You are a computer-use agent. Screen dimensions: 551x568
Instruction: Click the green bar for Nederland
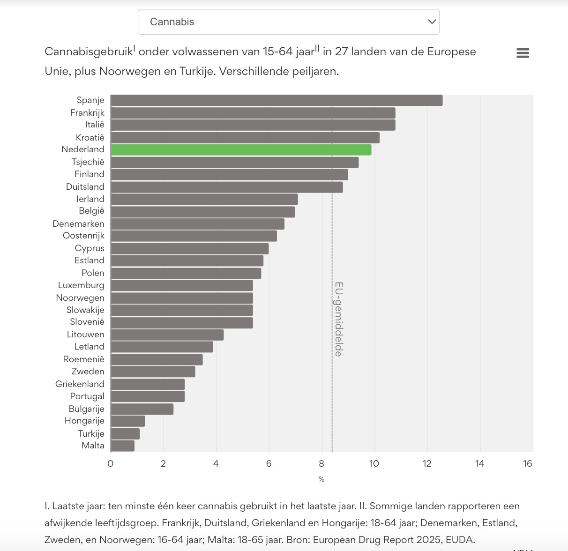point(241,150)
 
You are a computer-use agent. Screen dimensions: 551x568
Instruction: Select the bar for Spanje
point(277,100)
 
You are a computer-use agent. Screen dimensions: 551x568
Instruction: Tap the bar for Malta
point(123,446)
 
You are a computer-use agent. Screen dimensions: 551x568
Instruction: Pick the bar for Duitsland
point(227,187)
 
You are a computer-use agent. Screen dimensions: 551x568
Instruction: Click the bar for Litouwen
point(167,335)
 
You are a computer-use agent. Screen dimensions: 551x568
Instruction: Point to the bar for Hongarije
point(128,421)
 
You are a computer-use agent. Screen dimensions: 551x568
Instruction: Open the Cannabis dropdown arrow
point(432,22)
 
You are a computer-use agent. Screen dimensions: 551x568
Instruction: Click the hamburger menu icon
point(523,53)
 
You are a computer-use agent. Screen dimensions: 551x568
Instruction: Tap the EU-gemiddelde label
point(338,319)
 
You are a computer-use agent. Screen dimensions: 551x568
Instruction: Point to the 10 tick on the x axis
point(374,464)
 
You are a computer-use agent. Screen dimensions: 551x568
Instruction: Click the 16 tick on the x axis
point(528,464)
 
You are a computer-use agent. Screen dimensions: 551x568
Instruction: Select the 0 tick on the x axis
point(111,464)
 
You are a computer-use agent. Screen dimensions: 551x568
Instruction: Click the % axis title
point(321,479)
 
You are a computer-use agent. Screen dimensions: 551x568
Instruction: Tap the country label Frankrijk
point(87,113)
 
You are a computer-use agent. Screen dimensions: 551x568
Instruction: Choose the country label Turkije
point(91,433)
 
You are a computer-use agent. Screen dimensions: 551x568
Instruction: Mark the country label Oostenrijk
point(83,236)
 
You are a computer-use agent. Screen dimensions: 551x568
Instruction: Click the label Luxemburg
point(81,285)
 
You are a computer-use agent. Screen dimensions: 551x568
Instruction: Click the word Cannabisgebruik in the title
point(88,52)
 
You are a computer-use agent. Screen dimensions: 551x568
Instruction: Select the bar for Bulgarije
point(142,409)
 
